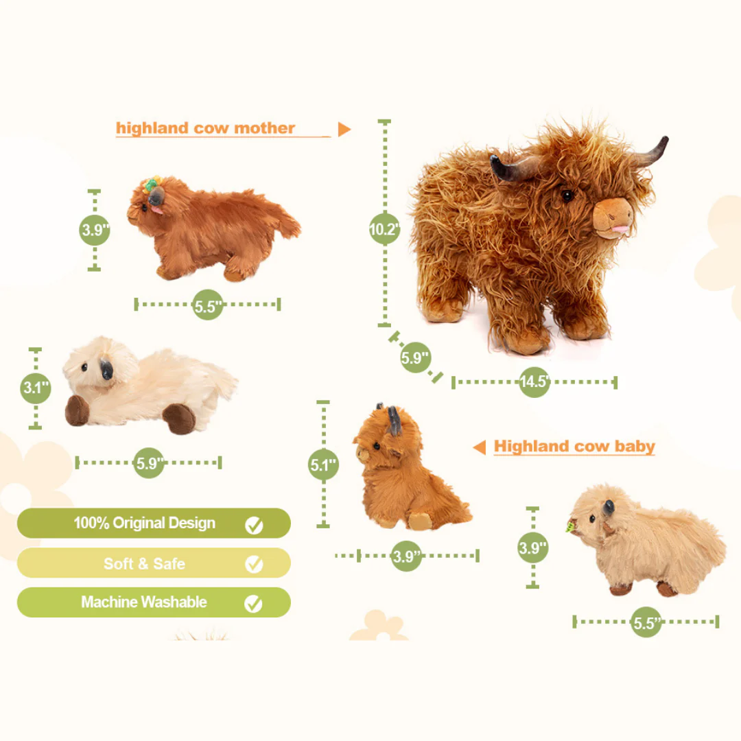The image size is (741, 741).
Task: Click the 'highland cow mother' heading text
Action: click(x=205, y=128)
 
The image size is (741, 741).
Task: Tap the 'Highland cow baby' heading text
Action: click(x=574, y=447)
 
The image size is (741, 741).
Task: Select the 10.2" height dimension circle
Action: click(x=384, y=229)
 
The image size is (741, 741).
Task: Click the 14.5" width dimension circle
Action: click(x=534, y=382)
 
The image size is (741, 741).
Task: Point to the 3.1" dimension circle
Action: click(x=36, y=388)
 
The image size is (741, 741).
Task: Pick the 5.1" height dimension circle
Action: click(x=323, y=465)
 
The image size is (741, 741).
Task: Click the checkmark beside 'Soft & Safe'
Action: click(x=254, y=564)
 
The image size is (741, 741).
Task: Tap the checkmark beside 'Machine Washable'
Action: click(x=254, y=603)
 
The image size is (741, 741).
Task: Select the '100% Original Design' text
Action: click(x=145, y=524)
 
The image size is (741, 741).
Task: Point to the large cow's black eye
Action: click(x=567, y=196)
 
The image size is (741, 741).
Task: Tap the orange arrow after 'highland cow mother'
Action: click(x=344, y=129)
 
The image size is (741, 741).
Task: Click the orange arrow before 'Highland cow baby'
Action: click(x=480, y=447)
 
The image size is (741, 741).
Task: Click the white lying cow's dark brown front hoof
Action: click(x=77, y=410)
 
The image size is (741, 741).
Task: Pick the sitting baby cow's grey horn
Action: click(x=394, y=419)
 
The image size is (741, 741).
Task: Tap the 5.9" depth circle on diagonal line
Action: click(x=415, y=357)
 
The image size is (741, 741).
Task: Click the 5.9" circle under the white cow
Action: click(x=148, y=463)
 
